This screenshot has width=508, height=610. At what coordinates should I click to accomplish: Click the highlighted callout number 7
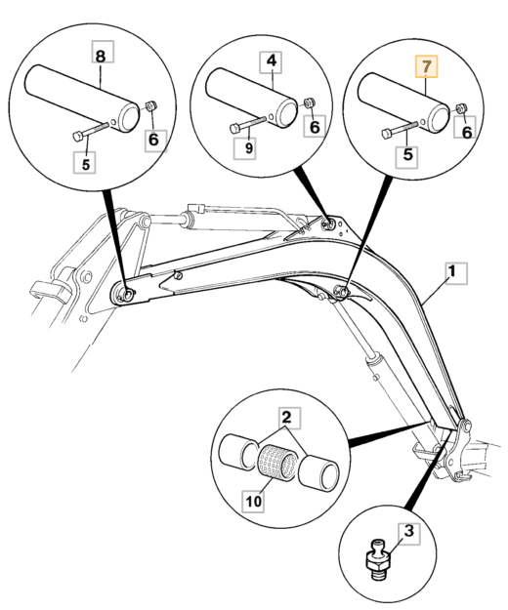[x=427, y=66]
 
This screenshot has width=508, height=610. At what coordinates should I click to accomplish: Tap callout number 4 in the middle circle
[x=272, y=61]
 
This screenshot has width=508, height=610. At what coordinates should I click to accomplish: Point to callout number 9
[x=245, y=147]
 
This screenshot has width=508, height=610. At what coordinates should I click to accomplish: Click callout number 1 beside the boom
[x=456, y=273]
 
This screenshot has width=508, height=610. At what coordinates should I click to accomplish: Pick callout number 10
[x=253, y=501]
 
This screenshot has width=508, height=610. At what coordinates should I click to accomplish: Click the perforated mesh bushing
[x=278, y=463]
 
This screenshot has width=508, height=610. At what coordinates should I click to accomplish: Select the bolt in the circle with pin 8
[x=90, y=132]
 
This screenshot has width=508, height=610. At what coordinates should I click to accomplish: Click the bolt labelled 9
[x=247, y=125]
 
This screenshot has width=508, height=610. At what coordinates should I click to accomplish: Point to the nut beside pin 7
[x=461, y=108]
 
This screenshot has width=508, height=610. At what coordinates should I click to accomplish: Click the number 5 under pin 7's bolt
[x=406, y=155]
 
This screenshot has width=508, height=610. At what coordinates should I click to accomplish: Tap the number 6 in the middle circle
[x=315, y=127]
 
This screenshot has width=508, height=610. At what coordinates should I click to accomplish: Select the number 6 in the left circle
[x=154, y=140]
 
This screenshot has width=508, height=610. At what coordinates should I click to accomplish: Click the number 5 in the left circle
[x=85, y=163]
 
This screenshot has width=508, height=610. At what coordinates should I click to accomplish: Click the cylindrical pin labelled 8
[x=82, y=99]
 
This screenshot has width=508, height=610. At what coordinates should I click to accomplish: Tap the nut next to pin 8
[x=150, y=105]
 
